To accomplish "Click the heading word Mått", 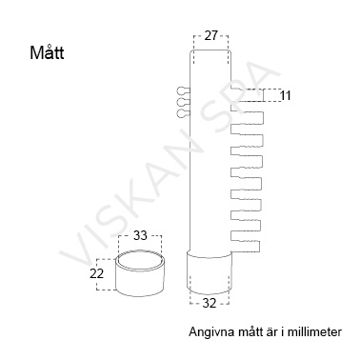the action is point(47,52).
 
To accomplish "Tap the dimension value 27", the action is point(210,35).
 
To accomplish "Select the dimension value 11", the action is point(286,95).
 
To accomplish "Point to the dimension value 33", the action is point(140,235).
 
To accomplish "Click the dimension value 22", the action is point(97,273).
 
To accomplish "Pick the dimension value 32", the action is point(210,304).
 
